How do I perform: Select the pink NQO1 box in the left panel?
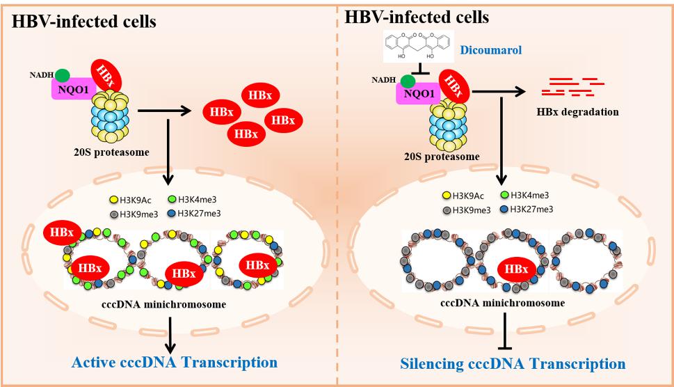[74, 88]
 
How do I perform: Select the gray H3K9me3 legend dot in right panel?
[447, 209]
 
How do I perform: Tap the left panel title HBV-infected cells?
[84, 22]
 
